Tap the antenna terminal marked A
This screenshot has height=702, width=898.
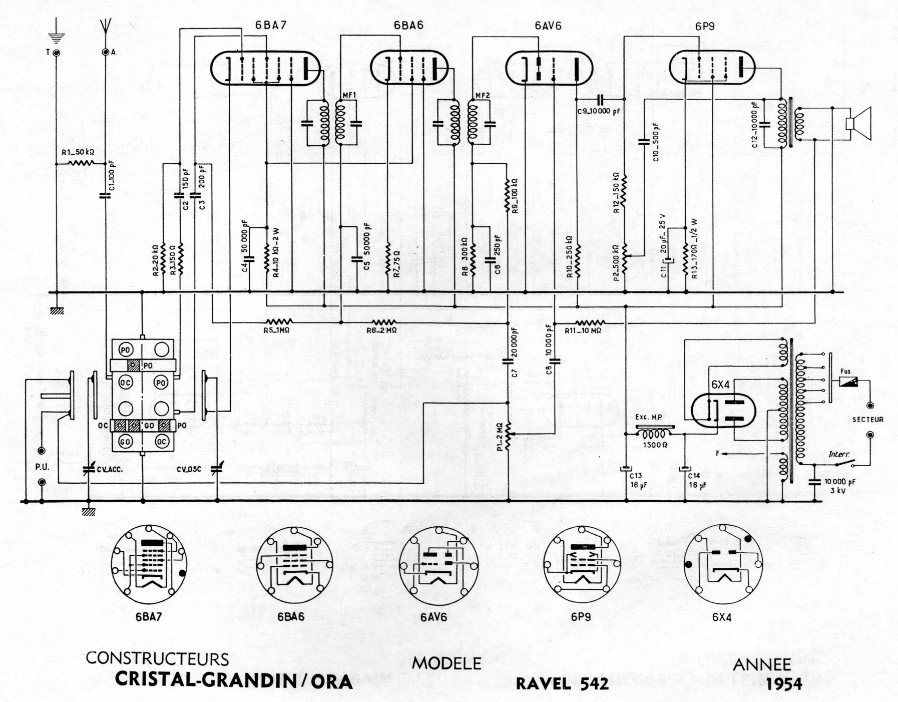(x=106, y=52)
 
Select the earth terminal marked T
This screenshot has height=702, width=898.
(x=56, y=52)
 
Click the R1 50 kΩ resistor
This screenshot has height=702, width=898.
(x=80, y=163)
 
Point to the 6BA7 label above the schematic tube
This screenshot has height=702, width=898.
(x=271, y=26)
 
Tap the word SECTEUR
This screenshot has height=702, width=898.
(x=867, y=420)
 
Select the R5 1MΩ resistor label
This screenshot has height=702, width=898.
(x=276, y=330)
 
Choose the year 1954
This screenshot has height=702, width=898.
(x=783, y=684)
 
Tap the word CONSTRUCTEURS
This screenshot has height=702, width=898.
(x=157, y=658)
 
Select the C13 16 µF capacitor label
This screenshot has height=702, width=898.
(x=636, y=480)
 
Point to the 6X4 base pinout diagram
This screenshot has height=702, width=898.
(x=722, y=563)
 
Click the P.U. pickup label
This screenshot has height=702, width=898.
(x=42, y=467)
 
